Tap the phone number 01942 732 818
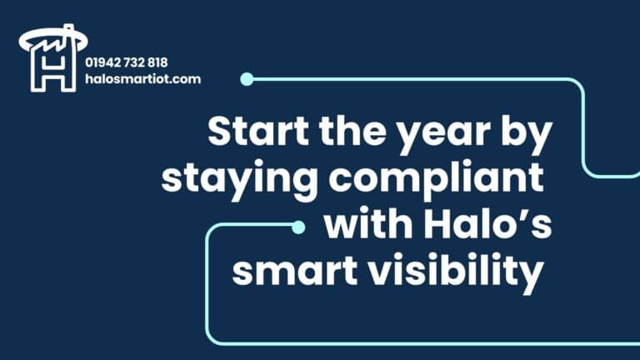click(126, 62)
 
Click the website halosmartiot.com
click(142, 79)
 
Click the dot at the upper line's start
click(247, 79)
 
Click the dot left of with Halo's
click(297, 226)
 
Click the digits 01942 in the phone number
click(102, 62)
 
